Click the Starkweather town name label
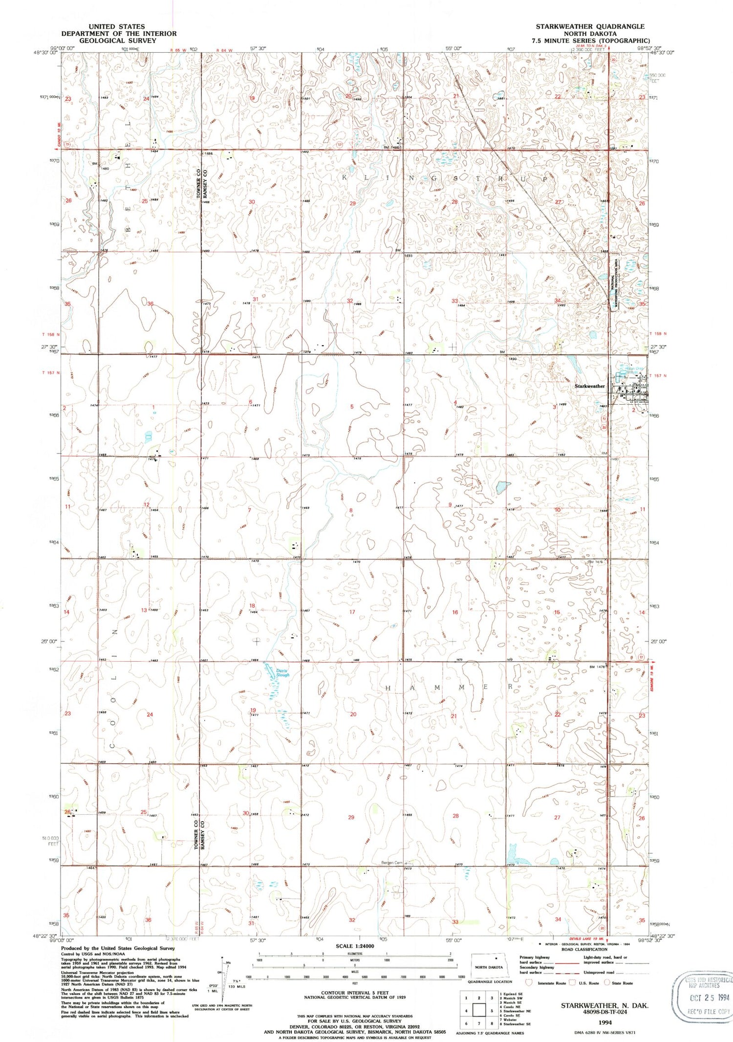(589, 386)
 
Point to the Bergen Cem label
(392, 863)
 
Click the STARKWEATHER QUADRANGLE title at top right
(590, 26)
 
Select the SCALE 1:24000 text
(355, 946)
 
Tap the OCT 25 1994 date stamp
(709, 998)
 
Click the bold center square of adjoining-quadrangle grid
(479, 1011)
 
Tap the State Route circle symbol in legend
(607, 982)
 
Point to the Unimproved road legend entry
(599, 972)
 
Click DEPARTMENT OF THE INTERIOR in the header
(119, 33)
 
